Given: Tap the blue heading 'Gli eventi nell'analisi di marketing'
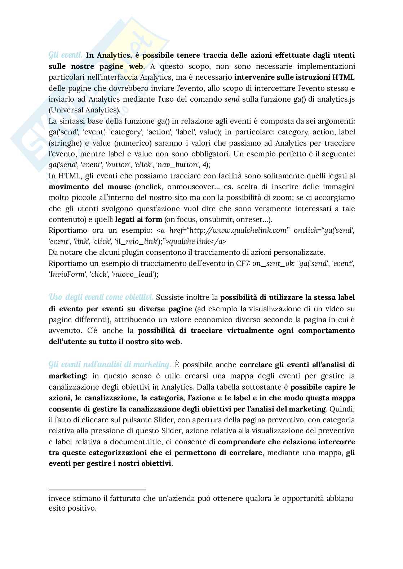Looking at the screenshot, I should (x=110, y=365).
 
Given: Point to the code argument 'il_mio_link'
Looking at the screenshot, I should (x=137, y=241).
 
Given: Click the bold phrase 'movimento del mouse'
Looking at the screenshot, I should (x=90, y=187).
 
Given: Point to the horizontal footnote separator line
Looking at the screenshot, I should (x=97, y=490).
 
